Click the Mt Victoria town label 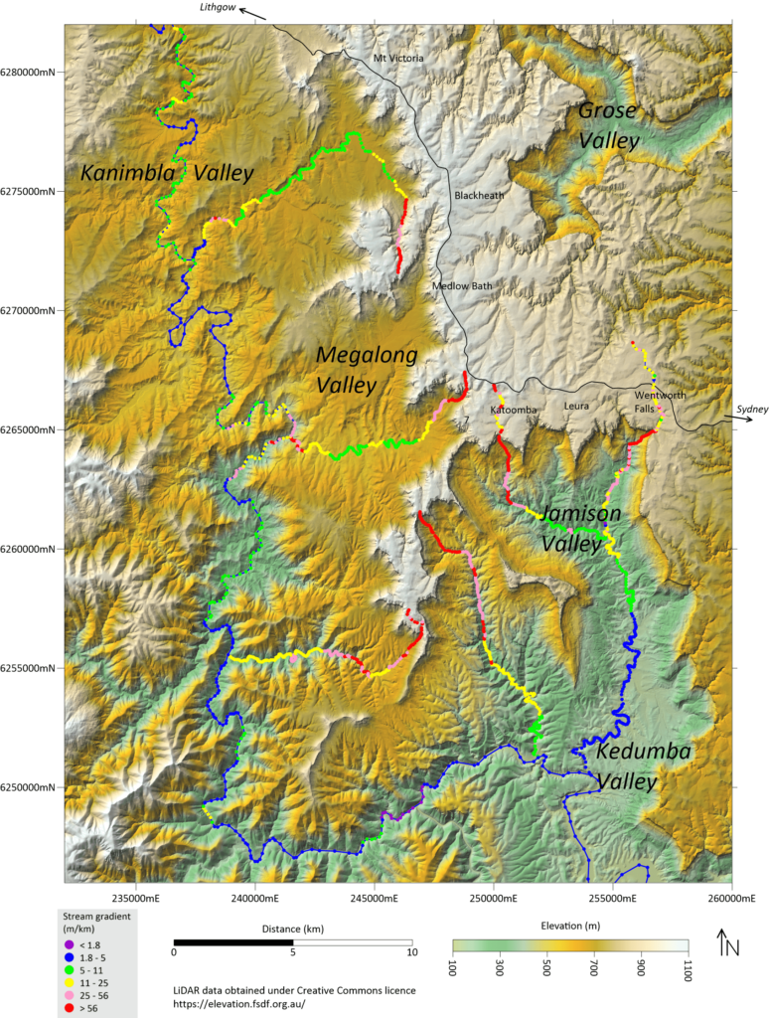tap(397, 59)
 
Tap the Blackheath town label tap(479, 196)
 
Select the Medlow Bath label tap(461, 286)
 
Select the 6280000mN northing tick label tap(32, 72)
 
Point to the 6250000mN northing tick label tap(32, 787)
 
